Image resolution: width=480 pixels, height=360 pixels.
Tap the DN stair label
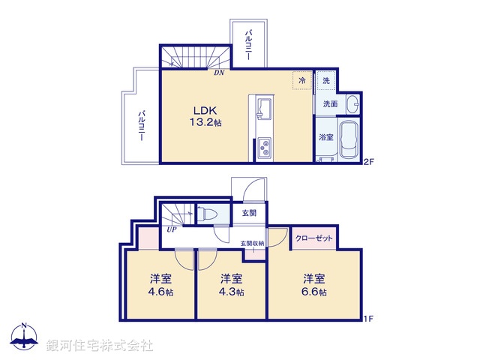click(218, 73)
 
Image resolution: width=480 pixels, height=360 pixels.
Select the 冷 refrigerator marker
click(302, 80)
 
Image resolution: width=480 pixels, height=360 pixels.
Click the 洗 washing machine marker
click(326, 80)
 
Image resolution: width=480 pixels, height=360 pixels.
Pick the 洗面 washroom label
click(330, 103)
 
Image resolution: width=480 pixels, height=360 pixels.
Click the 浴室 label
click(325, 137)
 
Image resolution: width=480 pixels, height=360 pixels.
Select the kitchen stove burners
click(265, 148)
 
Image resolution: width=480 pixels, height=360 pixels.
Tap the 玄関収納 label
click(252, 243)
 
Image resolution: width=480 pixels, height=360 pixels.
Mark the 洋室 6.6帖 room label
click(313, 283)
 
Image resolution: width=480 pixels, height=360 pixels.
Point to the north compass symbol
click(25, 337)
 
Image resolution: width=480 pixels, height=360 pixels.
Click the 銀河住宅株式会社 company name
click(100, 346)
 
